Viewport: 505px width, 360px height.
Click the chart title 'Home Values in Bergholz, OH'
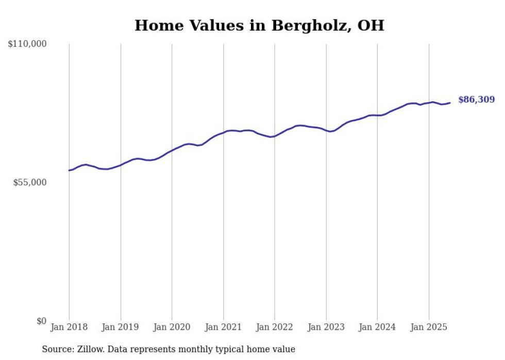(x=259, y=25)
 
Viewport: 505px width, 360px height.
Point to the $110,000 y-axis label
(x=27, y=44)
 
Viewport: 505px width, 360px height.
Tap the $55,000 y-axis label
(x=30, y=182)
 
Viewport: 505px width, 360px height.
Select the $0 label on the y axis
(x=41, y=321)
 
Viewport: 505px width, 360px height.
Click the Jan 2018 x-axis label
(x=69, y=327)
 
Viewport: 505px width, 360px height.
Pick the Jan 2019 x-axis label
(x=121, y=327)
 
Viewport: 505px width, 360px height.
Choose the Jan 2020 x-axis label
(x=172, y=327)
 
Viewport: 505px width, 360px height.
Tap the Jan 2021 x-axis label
(x=223, y=327)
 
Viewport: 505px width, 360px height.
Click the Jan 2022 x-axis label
(x=275, y=327)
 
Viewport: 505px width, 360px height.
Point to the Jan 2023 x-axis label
(x=326, y=327)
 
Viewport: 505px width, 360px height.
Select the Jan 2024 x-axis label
(x=377, y=327)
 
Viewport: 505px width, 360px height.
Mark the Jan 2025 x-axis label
(x=429, y=327)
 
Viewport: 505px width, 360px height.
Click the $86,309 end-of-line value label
(x=476, y=100)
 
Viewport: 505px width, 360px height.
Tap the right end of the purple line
(x=450, y=103)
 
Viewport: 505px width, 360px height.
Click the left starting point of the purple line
(x=69, y=170)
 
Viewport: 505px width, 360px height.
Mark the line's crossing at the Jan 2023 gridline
(x=326, y=130)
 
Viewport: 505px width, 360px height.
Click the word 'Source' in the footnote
(x=57, y=349)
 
